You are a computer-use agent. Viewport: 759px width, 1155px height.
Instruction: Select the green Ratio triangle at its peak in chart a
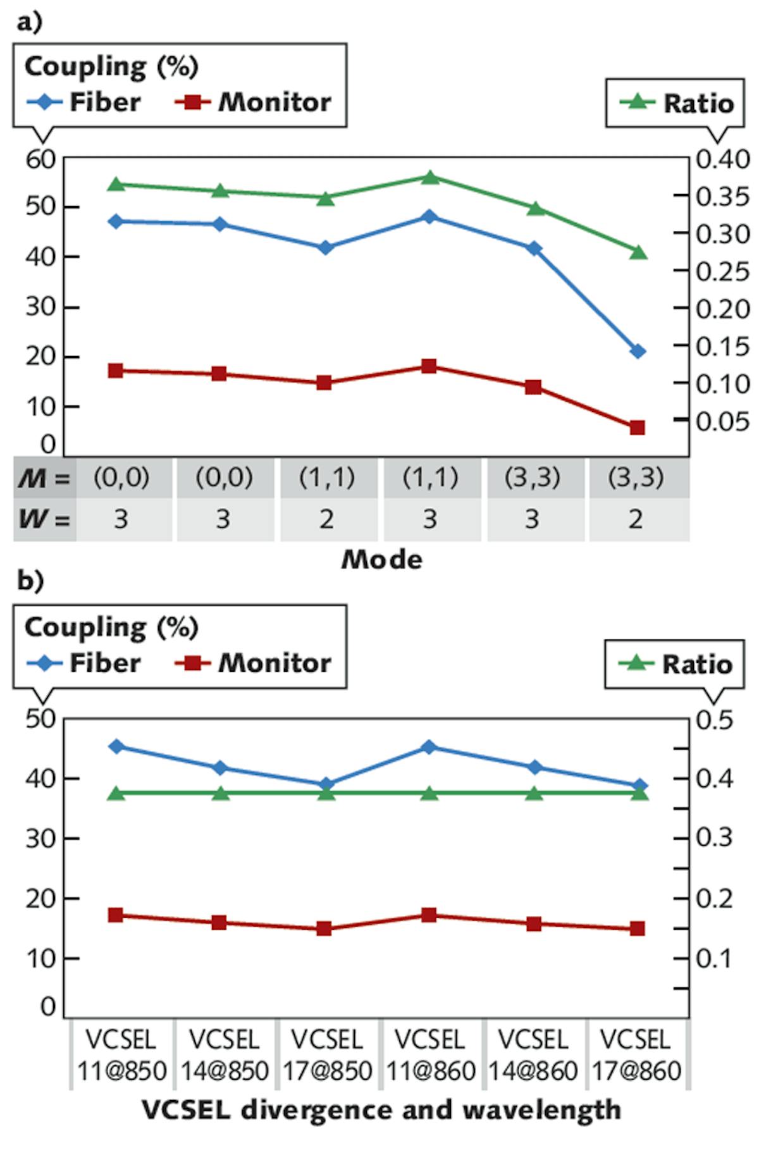tap(430, 178)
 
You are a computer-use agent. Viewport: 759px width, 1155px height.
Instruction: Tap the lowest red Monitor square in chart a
tap(637, 428)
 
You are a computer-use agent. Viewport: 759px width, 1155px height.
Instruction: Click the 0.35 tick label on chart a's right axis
tap(722, 197)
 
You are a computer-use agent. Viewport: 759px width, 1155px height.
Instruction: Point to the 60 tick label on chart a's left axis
tap(40, 159)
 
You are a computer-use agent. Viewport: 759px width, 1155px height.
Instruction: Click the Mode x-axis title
tap(381, 559)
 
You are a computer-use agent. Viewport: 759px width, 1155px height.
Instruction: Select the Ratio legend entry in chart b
tap(675, 664)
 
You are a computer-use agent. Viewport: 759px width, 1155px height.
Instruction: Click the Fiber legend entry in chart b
tap(84, 662)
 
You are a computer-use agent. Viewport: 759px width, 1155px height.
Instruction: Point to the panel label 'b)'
tap(30, 579)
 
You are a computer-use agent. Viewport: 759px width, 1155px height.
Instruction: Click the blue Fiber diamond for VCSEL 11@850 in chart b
tap(116, 746)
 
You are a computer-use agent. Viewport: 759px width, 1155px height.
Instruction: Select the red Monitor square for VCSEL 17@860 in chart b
tap(637, 928)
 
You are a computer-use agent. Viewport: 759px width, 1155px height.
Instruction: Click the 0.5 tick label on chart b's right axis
tap(714, 720)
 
